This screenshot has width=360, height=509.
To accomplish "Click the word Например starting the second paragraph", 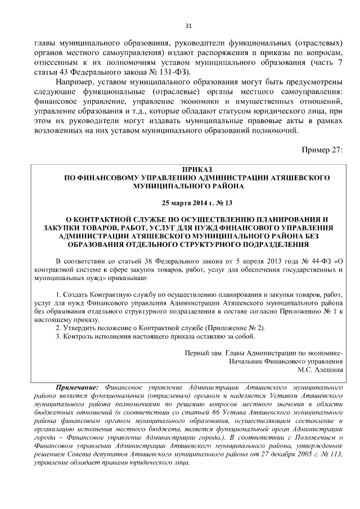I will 76,83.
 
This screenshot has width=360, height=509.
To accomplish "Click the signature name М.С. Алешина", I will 320,370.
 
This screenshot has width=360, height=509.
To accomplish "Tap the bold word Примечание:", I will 78,388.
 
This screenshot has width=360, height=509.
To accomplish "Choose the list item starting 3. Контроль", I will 155,336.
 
